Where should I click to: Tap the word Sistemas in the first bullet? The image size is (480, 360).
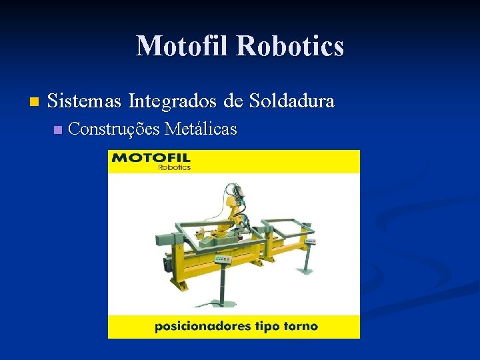[85, 101]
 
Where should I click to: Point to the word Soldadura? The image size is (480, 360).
[292, 101]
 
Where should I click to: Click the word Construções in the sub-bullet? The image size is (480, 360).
[113, 129]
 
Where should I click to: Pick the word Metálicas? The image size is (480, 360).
[200, 129]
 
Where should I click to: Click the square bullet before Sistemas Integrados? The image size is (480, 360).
[34, 103]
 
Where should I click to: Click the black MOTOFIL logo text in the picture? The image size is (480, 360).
[151, 158]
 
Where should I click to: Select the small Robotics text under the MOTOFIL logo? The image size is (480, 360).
[174, 167]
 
